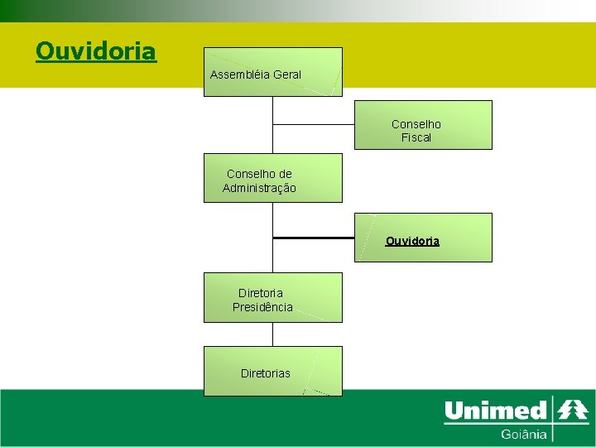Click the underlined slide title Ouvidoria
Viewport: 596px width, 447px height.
pyautogui.click(x=95, y=51)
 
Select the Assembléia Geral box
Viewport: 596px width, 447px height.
pyautogui.click(x=272, y=72)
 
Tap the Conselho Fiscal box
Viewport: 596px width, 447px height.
pyautogui.click(x=423, y=125)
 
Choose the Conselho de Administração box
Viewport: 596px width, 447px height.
pyautogui.click(x=272, y=178)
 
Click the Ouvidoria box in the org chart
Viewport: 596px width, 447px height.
pyautogui.click(x=423, y=238)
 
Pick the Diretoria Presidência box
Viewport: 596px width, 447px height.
pyautogui.click(x=272, y=297)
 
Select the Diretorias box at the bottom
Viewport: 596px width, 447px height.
pyautogui.click(x=272, y=371)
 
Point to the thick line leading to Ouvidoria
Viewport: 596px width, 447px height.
pyautogui.click(x=314, y=238)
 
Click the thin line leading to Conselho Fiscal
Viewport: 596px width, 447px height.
pyautogui.click(x=314, y=124)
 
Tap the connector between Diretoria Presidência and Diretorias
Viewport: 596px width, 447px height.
pyautogui.click(x=272, y=334)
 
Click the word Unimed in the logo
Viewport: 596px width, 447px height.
pyautogui.click(x=496, y=411)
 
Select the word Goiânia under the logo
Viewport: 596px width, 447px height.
pyautogui.click(x=523, y=434)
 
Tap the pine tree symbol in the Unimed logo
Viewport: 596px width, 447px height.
pyautogui.click(x=572, y=410)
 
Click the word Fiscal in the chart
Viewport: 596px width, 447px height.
pyautogui.click(x=416, y=137)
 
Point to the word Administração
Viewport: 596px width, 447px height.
pyautogui.click(x=259, y=188)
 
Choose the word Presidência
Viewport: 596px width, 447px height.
pyautogui.click(x=262, y=307)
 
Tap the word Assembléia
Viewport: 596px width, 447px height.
pyautogui.click(x=239, y=74)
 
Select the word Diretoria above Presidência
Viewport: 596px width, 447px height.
pyautogui.click(x=260, y=293)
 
